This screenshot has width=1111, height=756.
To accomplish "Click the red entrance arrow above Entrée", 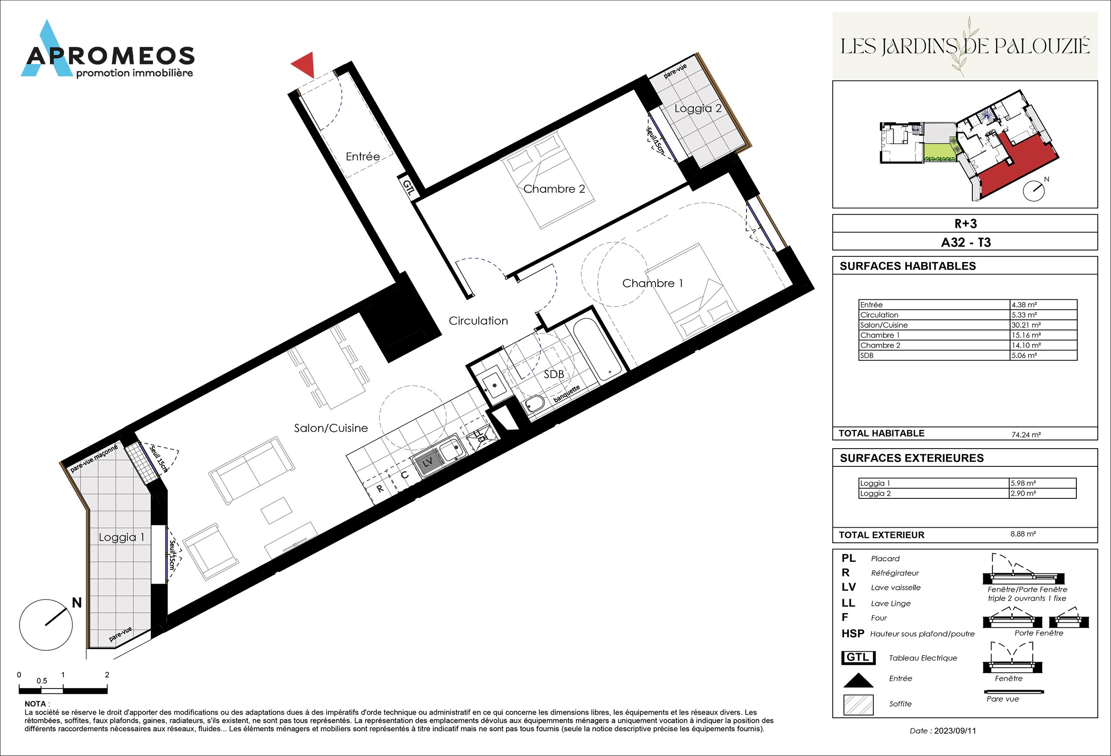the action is (x=303, y=64).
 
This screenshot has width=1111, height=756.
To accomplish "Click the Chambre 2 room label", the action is (x=554, y=189).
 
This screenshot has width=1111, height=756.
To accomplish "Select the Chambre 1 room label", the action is (x=652, y=283).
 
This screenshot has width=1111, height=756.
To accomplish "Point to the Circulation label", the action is (x=478, y=321).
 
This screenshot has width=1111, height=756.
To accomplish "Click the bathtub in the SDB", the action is (x=597, y=349).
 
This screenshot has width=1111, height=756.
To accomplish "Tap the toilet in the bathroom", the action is (x=535, y=404).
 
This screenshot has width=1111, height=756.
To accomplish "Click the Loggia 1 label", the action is (x=121, y=537).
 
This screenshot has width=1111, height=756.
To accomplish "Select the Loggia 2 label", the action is (x=698, y=108).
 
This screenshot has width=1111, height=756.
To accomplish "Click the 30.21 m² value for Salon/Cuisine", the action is (x=1023, y=325).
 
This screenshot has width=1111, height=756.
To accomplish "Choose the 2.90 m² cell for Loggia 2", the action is (x=1023, y=493).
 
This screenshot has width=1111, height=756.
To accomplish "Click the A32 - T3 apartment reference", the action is (x=966, y=242).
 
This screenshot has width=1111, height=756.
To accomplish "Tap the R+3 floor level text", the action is (x=965, y=223).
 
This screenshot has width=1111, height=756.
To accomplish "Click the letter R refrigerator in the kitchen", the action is (x=380, y=489).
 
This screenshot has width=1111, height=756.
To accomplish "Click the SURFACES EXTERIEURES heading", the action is (x=911, y=458).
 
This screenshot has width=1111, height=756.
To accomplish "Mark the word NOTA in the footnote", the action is (x=36, y=704).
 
